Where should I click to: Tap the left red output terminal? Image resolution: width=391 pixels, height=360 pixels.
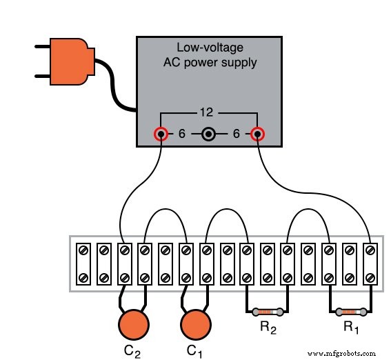point(161,134)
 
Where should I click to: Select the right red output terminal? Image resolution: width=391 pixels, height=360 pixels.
point(258,134)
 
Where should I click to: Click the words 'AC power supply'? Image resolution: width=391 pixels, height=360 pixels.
point(210,63)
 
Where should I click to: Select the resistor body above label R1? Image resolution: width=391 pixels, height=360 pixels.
point(351,311)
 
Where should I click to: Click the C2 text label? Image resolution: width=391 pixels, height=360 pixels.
point(133,351)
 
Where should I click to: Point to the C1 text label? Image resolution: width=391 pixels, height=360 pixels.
point(196,351)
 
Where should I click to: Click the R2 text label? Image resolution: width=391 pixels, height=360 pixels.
point(268,330)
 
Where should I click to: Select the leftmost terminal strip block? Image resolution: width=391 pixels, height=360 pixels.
point(83,263)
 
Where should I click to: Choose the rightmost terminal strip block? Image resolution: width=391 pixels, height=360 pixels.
point(371,263)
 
